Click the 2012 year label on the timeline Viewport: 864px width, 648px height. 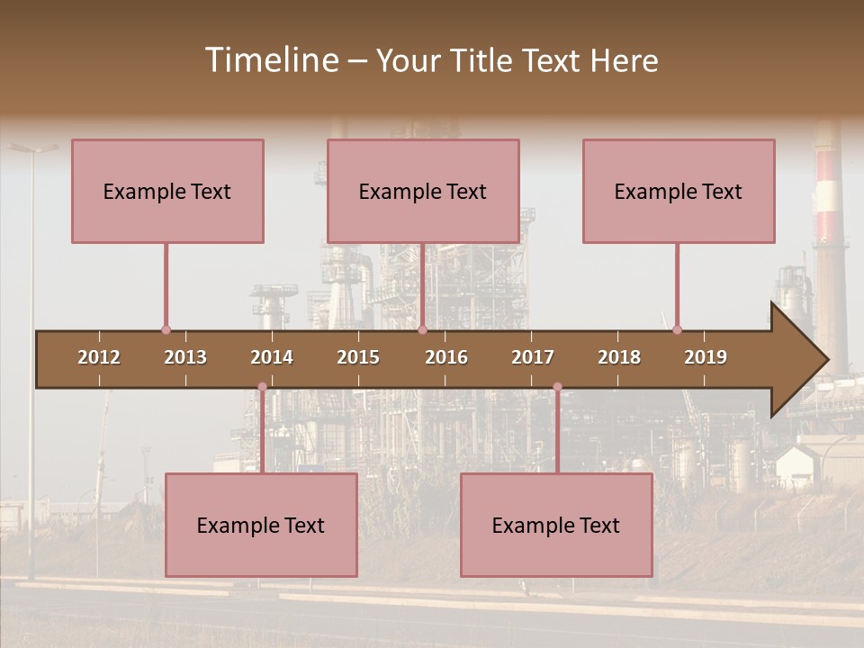[x=99, y=357]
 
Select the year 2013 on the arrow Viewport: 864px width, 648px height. [x=185, y=357]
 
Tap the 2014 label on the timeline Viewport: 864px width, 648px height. [x=272, y=357]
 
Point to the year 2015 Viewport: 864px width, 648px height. [x=358, y=357]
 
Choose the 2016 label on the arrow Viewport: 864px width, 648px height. [x=446, y=357]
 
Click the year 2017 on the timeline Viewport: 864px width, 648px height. [x=533, y=357]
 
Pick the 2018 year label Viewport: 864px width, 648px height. [x=619, y=357]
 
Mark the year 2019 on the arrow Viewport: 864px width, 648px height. [x=706, y=357]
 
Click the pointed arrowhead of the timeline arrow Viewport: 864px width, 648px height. [x=801, y=360]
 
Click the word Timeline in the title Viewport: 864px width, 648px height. [x=270, y=60]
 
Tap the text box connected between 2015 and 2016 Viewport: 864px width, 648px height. [x=423, y=191]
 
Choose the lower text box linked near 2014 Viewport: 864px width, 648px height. [x=261, y=525]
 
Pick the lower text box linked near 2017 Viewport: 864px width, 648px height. [x=556, y=525]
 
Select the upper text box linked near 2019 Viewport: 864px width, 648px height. [x=679, y=191]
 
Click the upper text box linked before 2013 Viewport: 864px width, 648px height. [x=167, y=191]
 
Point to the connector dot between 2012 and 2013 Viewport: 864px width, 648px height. [x=166, y=330]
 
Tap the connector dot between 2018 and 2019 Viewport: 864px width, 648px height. [x=677, y=329]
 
